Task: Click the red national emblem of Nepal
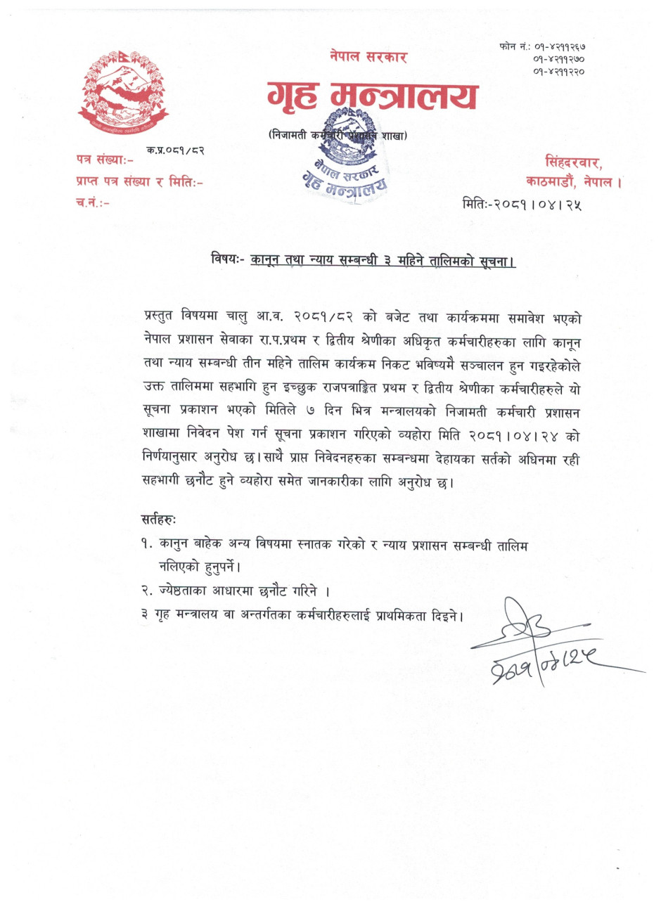(x=123, y=92)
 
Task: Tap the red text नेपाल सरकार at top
(x=368, y=57)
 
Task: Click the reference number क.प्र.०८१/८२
(x=176, y=150)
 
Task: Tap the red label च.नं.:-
(x=92, y=203)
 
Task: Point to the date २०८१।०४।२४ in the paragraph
(x=528, y=435)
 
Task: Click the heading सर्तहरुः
(x=159, y=520)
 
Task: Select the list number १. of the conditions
(x=146, y=543)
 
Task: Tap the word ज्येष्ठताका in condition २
(x=184, y=591)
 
